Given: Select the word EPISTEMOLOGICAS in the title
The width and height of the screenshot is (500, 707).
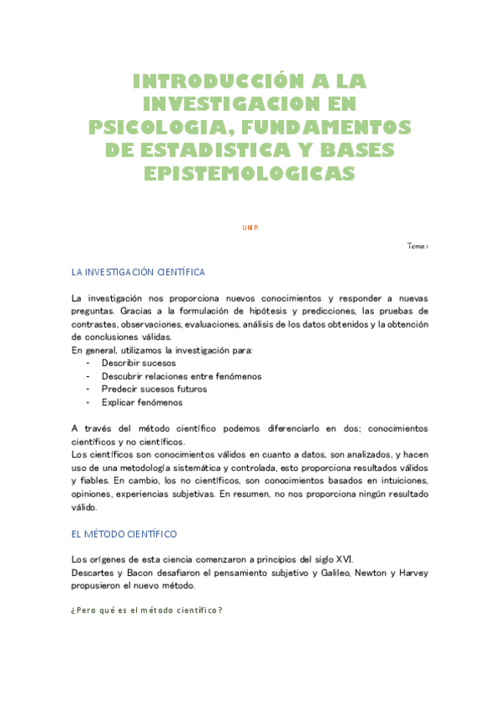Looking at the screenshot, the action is point(250,173).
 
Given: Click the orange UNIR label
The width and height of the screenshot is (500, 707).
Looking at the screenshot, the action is point(250,227).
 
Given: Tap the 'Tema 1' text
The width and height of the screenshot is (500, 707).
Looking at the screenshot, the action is point(417,246).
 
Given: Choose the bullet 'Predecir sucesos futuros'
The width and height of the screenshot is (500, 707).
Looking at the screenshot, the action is point(154,389).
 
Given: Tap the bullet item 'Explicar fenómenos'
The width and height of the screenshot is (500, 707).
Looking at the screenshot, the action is point(142,403).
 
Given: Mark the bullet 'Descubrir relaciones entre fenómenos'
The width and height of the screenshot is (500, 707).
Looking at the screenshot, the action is point(181,377).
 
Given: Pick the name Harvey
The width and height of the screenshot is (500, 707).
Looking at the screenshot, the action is point(417,573).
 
